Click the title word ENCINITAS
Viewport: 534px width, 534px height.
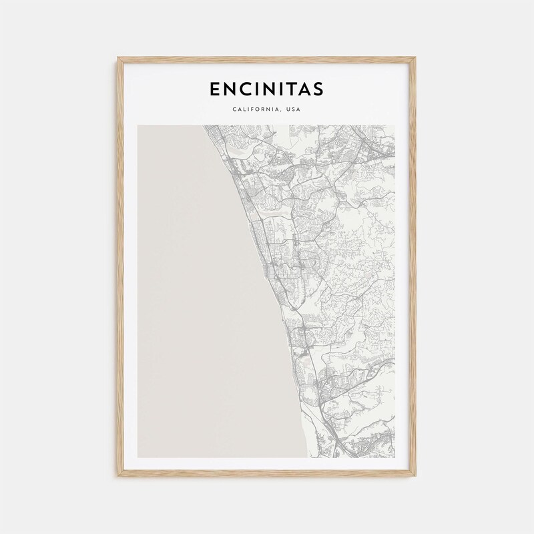266,89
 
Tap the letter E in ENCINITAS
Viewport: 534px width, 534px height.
214,89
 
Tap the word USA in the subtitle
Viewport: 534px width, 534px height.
293,109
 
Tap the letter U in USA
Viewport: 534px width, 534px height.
288,109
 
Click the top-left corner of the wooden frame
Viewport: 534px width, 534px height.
118,59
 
